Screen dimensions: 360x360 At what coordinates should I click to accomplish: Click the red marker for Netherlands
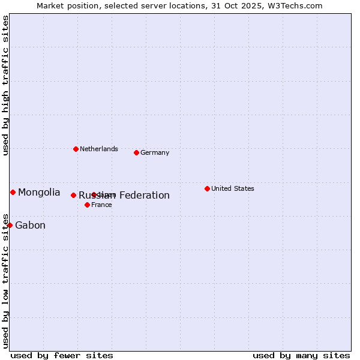[x=76, y=149]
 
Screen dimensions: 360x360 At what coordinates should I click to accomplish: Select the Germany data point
[x=136, y=152]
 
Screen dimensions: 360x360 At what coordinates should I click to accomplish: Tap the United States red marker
[x=207, y=188]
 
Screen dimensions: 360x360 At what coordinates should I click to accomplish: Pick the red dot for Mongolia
[x=13, y=192]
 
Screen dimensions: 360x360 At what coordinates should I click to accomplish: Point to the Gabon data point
[x=10, y=225]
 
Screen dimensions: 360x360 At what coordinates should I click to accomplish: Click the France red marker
[x=87, y=205]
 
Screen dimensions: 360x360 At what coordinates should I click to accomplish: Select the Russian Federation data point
[x=73, y=195]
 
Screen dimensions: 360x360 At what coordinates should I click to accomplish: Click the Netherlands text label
[x=98, y=149]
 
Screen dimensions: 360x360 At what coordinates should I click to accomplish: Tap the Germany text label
[x=155, y=152]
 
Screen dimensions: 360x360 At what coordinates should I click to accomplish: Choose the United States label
[x=232, y=188]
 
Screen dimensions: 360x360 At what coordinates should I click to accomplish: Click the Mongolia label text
[x=39, y=192]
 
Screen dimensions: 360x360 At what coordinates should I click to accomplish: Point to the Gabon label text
[x=30, y=226]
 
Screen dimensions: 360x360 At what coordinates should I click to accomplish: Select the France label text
[x=101, y=205]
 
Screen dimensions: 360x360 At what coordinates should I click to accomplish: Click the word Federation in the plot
[x=144, y=195]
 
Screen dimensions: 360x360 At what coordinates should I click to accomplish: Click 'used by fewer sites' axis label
[x=62, y=355]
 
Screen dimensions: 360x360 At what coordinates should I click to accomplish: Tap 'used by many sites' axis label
[x=301, y=355]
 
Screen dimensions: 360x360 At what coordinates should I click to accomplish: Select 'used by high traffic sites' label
[x=5, y=85]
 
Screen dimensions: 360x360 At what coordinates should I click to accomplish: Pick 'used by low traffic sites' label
[x=5, y=280]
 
